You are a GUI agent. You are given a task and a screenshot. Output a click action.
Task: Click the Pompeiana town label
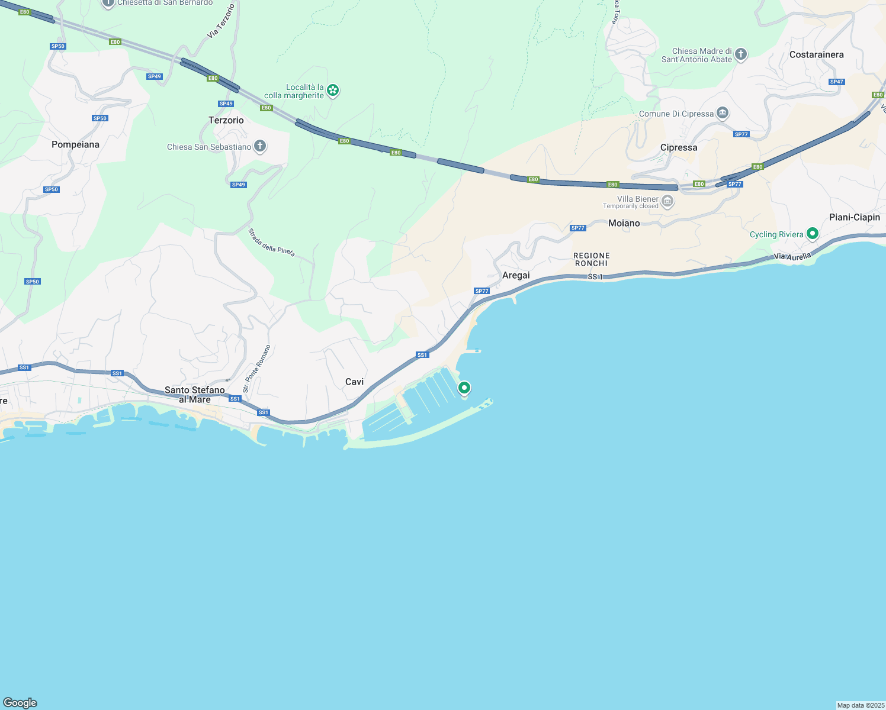[75, 144]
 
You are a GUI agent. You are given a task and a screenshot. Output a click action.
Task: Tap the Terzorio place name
[226, 120]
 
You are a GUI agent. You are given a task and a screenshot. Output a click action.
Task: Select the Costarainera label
[816, 54]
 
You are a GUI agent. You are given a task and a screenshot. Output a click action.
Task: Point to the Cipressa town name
[679, 147]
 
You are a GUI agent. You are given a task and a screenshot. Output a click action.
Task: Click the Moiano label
[624, 223]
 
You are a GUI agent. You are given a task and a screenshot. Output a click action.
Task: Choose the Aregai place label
[516, 275]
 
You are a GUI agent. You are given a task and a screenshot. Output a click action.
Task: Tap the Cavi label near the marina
[354, 382]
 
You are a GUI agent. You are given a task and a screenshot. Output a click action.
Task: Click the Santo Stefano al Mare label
[195, 395]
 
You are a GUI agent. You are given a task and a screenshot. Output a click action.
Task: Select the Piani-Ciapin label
[854, 217]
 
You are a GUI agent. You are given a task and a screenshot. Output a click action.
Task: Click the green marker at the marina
[464, 388]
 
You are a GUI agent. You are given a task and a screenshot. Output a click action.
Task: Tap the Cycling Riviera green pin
[813, 234]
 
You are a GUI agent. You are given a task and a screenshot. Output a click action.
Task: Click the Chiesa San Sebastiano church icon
[259, 146]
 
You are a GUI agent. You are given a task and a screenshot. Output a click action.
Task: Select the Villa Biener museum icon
[667, 202]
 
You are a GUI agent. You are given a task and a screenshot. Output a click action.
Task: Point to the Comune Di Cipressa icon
[722, 113]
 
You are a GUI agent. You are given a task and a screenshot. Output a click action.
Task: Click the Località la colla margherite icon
[333, 90]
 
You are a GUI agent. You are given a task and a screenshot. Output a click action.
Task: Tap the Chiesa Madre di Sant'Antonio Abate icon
[740, 54]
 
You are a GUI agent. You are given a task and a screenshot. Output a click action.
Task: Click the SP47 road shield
[836, 82]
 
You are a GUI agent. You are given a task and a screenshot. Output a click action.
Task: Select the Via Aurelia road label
[792, 256]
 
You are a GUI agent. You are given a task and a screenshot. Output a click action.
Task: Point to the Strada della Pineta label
[271, 242]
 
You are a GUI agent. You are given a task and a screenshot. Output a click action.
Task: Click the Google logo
[20, 703]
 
